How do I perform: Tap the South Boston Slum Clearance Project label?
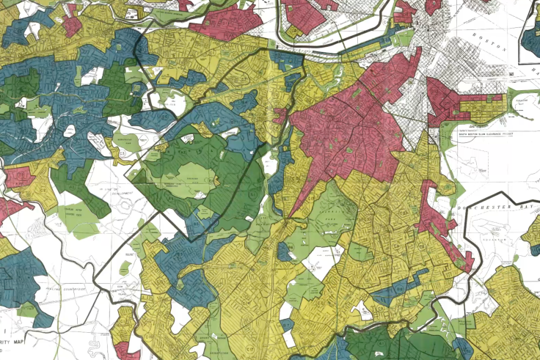(486, 134)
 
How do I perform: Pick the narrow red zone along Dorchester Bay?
(441, 220)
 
